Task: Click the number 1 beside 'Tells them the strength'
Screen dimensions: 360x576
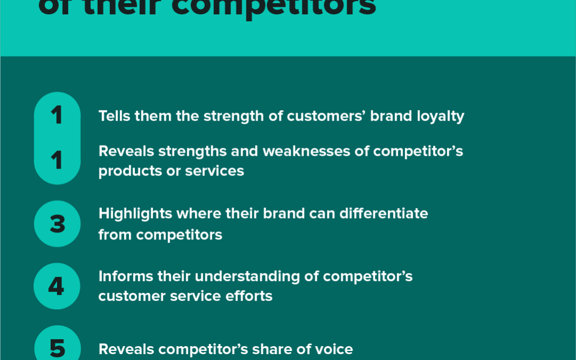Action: (x=57, y=115)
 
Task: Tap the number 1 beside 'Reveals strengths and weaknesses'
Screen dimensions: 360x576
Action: (x=57, y=161)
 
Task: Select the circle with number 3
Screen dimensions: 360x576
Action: (x=57, y=224)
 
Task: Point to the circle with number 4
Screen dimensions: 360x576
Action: (x=57, y=286)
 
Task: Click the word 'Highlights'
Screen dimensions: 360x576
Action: (x=135, y=214)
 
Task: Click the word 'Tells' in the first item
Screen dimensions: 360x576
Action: (x=115, y=116)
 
